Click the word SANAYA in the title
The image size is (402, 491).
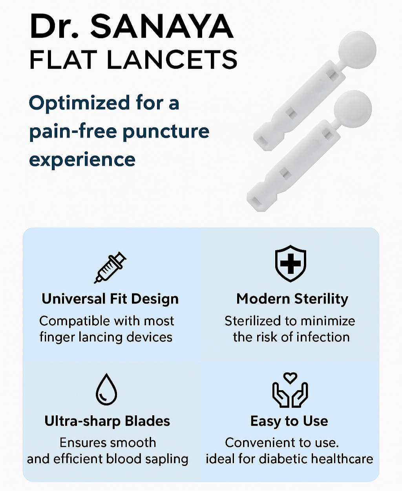[162, 26]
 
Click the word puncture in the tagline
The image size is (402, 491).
[166, 132]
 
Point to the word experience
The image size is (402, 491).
[82, 160]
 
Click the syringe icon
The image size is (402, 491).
[110, 267]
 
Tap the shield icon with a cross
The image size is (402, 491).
[290, 263]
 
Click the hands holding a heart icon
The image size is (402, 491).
[290, 390]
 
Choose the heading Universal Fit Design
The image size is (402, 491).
[110, 299]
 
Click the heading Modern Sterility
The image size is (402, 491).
[292, 299]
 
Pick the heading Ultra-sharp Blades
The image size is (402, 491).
[107, 421]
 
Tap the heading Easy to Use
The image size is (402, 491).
[289, 421]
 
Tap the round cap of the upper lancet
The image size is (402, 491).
[357, 50]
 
